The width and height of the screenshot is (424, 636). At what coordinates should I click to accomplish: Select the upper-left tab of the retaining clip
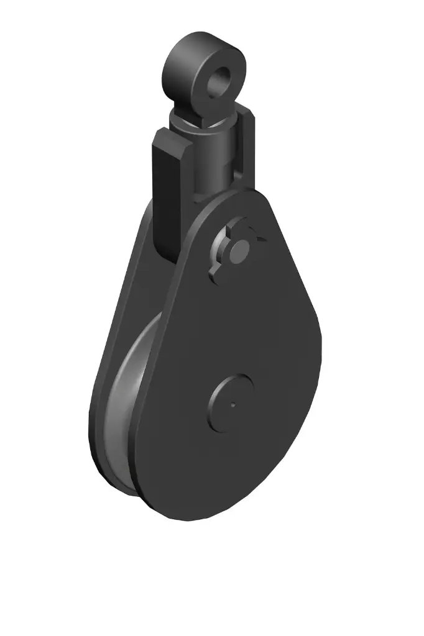225,233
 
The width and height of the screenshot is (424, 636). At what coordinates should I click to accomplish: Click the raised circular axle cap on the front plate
232,402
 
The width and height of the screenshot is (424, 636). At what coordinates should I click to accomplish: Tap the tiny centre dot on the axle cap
233,405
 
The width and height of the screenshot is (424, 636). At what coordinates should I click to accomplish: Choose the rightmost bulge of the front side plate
323,348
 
